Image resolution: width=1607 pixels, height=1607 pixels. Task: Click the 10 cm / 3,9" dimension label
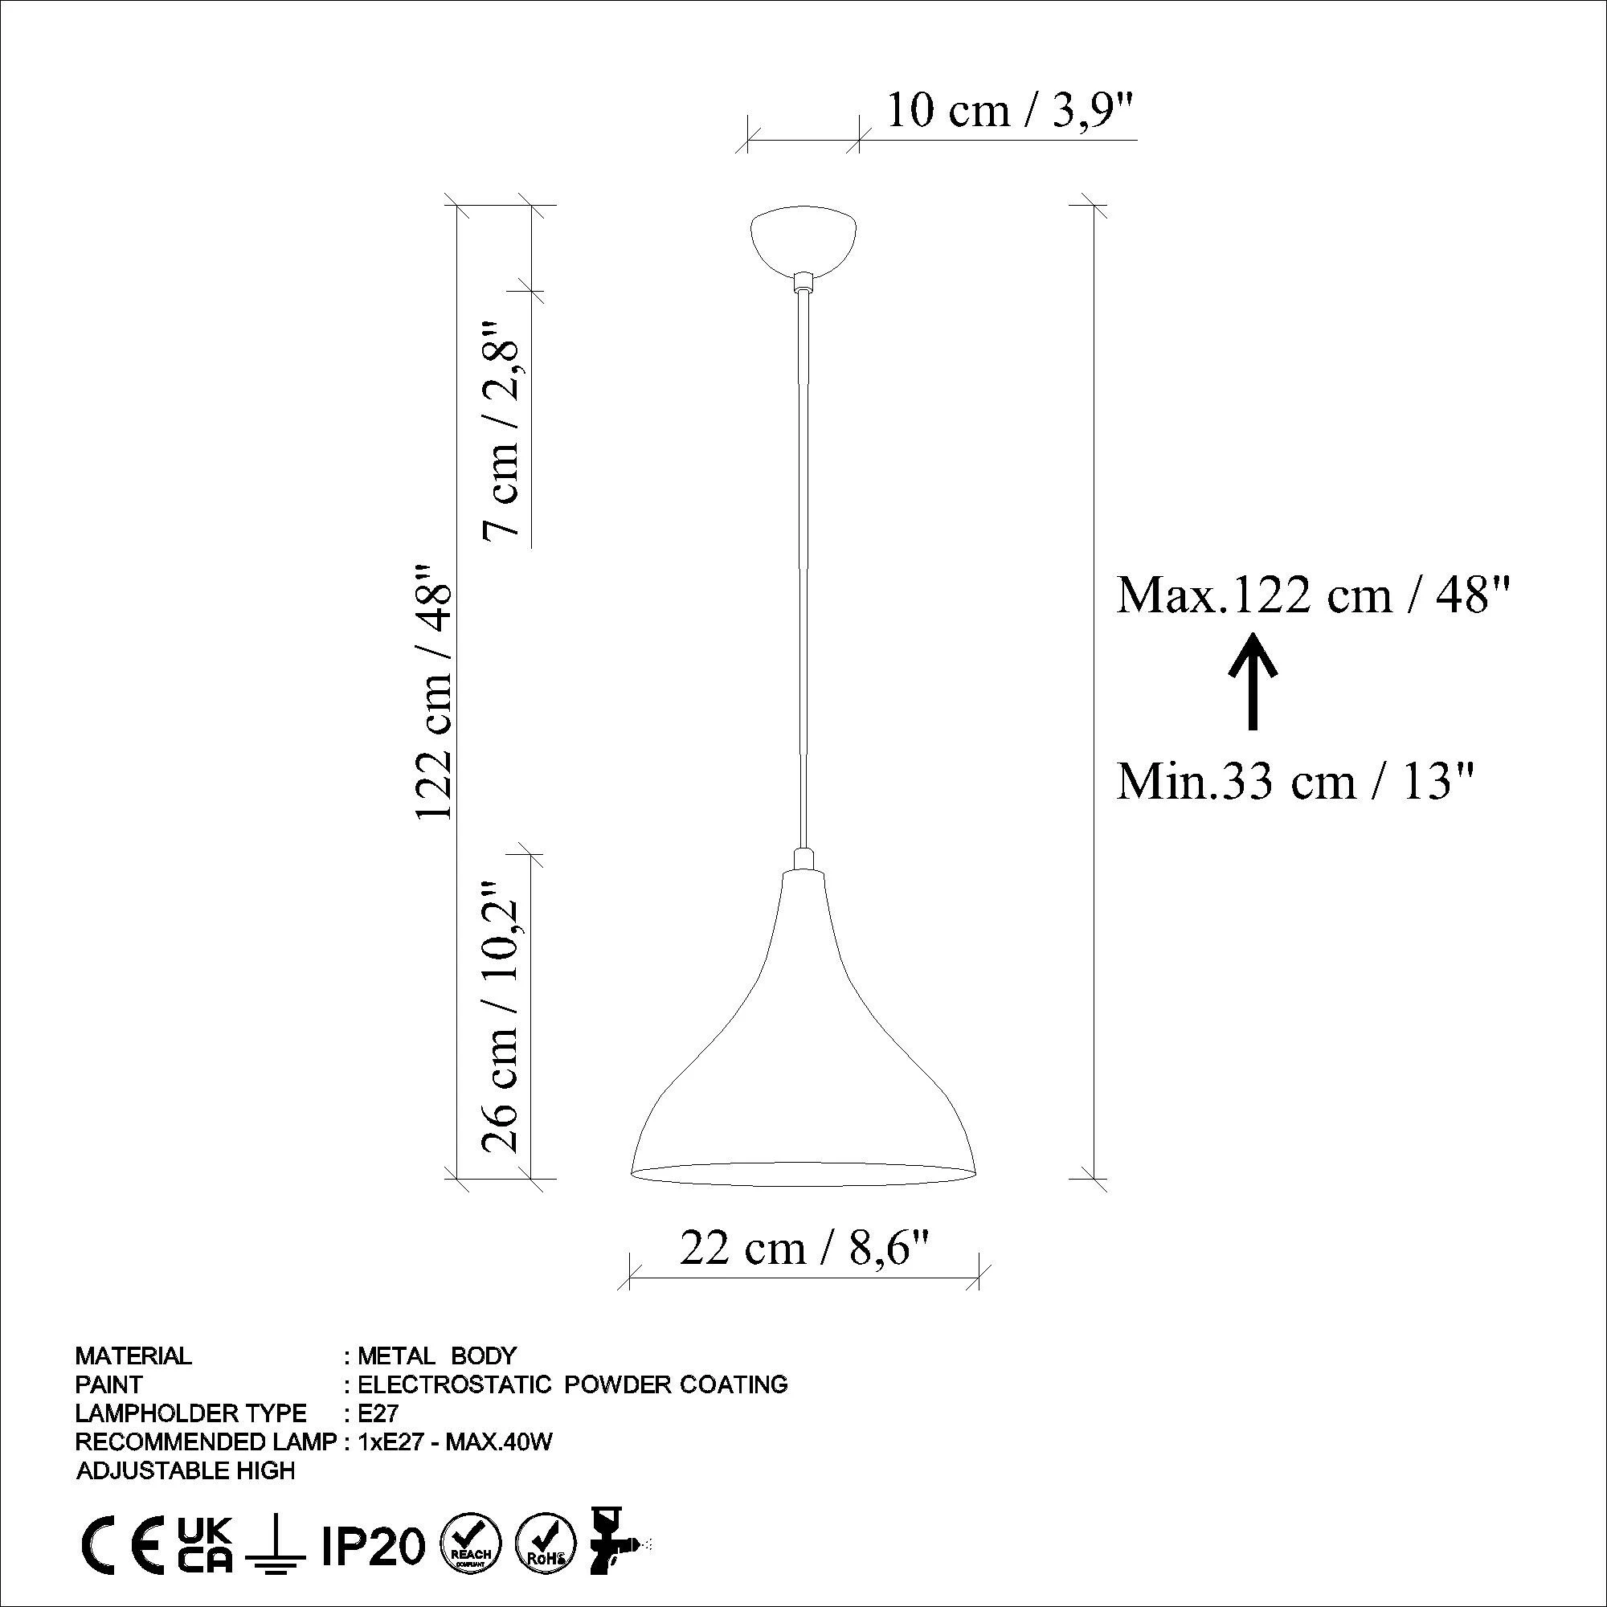tap(1011, 111)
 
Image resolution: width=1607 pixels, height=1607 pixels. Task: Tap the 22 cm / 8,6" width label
tap(803, 1248)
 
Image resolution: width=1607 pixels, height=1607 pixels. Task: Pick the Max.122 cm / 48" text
tap(1314, 595)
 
